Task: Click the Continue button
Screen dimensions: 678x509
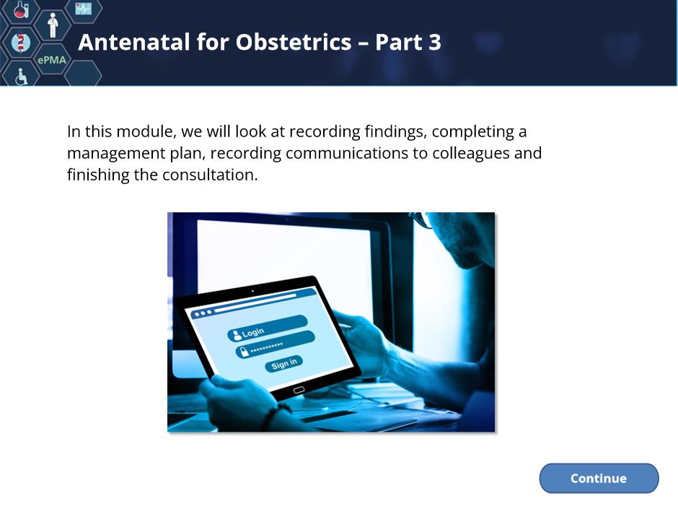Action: (x=599, y=478)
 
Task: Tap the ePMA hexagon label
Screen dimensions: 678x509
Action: (x=52, y=60)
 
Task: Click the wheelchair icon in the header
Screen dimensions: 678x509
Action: (x=21, y=77)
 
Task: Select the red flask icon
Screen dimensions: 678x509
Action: (x=21, y=9)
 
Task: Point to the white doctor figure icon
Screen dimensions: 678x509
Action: (x=53, y=25)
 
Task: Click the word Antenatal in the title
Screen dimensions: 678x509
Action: (x=134, y=42)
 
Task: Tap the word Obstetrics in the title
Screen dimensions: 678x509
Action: (x=294, y=42)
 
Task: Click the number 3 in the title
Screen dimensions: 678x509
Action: (x=434, y=42)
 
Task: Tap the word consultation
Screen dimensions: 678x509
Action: (x=210, y=175)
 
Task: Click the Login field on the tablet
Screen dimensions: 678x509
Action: (x=267, y=328)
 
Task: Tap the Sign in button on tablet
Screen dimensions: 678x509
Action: (x=283, y=364)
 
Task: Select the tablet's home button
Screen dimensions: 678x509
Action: (x=299, y=390)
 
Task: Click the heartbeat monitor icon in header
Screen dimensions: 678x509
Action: (x=83, y=9)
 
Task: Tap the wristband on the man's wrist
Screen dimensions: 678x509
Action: (x=269, y=417)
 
